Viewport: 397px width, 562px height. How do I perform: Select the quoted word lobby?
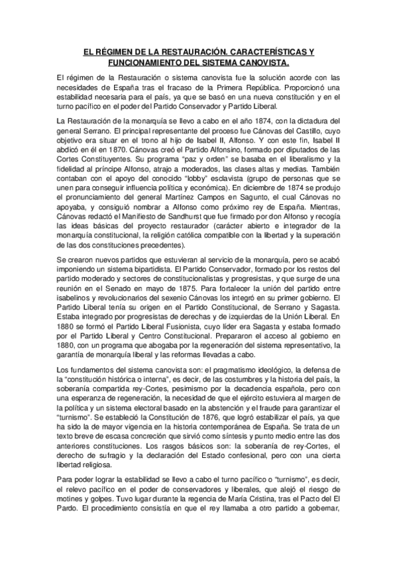tap(201, 178)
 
